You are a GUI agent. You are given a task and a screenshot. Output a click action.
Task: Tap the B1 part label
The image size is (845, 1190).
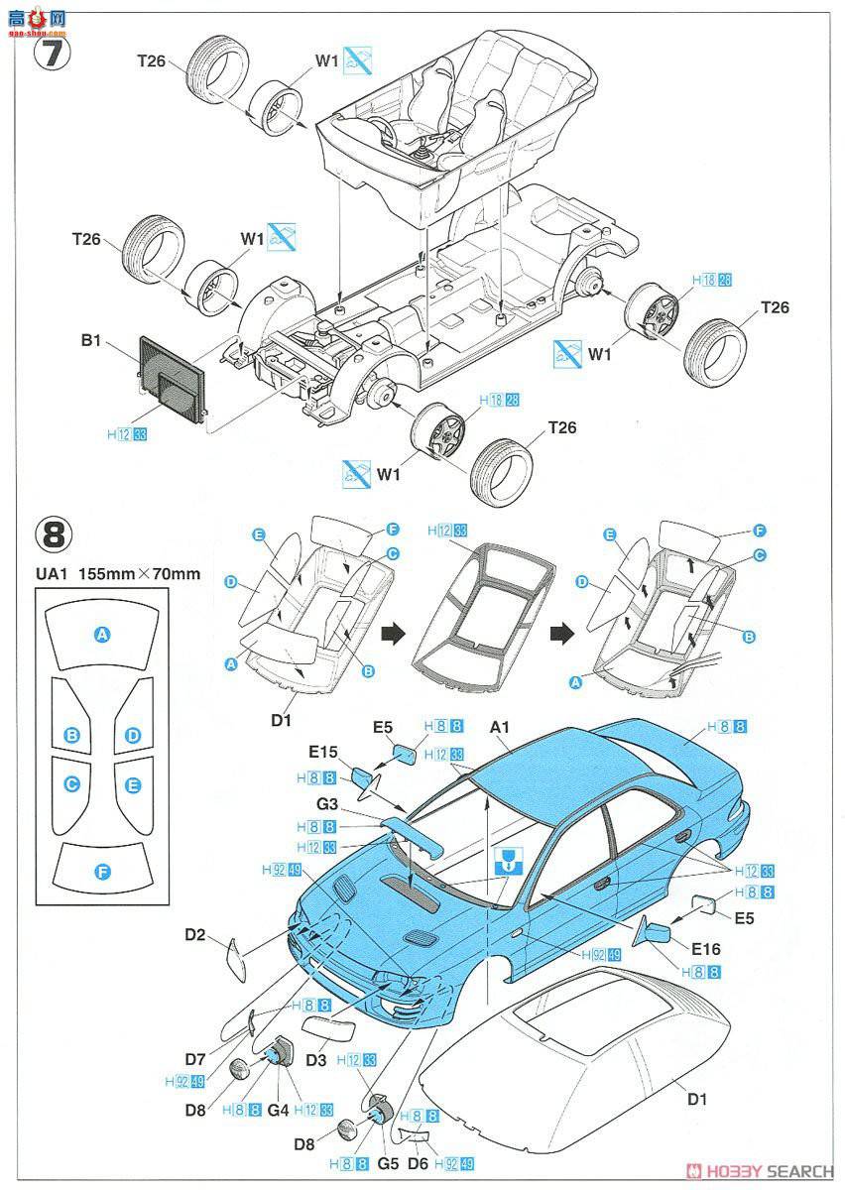click(x=91, y=340)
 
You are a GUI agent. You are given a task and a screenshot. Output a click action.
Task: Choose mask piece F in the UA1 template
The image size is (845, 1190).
click(x=101, y=872)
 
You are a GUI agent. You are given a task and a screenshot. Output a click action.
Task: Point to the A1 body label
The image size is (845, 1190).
click(x=501, y=726)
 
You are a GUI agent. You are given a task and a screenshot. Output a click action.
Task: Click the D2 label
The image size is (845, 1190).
click(x=195, y=933)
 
